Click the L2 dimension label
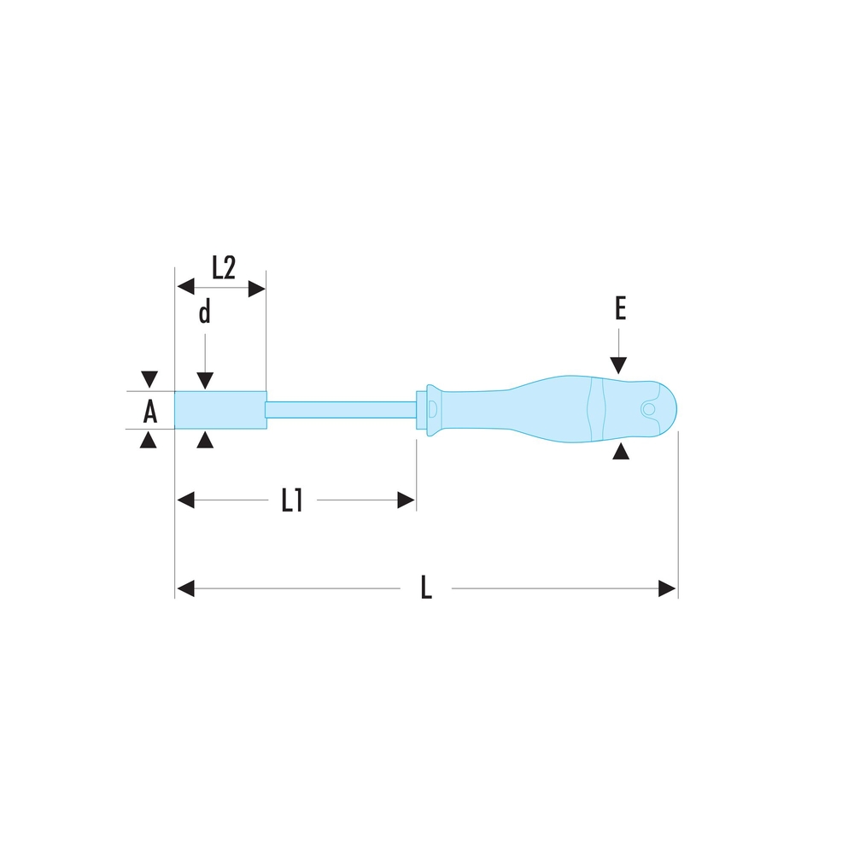tap(223, 267)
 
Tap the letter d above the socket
tap(204, 313)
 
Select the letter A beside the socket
tap(149, 412)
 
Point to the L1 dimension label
tap(292, 500)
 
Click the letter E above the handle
tap(620, 308)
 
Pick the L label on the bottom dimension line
tap(426, 588)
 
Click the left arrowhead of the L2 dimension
tap(185, 286)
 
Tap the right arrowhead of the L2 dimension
tap(256, 289)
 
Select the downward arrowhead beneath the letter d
tap(205, 381)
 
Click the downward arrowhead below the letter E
tap(618, 366)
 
